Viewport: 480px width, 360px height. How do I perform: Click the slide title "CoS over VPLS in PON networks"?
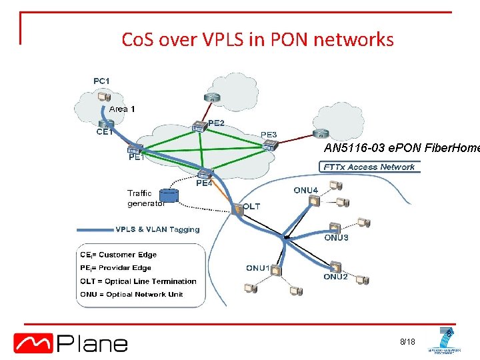pos(257,40)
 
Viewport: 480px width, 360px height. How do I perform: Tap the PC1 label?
pos(101,81)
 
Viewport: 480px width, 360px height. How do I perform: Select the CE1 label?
pos(104,131)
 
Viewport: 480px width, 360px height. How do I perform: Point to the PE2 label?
pos(216,123)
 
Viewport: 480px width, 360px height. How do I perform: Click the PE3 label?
pos(269,135)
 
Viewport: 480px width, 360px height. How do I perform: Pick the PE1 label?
pos(137,158)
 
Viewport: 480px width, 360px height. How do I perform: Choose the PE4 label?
pos(203,183)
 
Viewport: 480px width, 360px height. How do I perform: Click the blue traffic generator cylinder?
pos(171,195)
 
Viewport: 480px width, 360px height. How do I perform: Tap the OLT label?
pos(251,207)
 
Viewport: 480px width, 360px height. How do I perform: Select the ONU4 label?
pos(305,190)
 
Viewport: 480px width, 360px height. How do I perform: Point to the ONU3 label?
pos(336,237)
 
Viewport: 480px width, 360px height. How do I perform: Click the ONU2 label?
pos(335,277)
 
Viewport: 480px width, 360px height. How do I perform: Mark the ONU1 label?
pos(258,268)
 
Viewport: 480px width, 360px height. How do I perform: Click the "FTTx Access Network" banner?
pos(369,167)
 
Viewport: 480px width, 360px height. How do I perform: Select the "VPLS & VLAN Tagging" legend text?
pos(157,229)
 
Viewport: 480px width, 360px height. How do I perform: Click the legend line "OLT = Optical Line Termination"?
pos(139,281)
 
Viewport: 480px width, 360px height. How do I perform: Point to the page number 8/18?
pos(407,342)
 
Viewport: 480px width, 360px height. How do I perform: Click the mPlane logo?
pos(71,343)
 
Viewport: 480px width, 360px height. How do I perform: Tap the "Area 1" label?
pos(122,109)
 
